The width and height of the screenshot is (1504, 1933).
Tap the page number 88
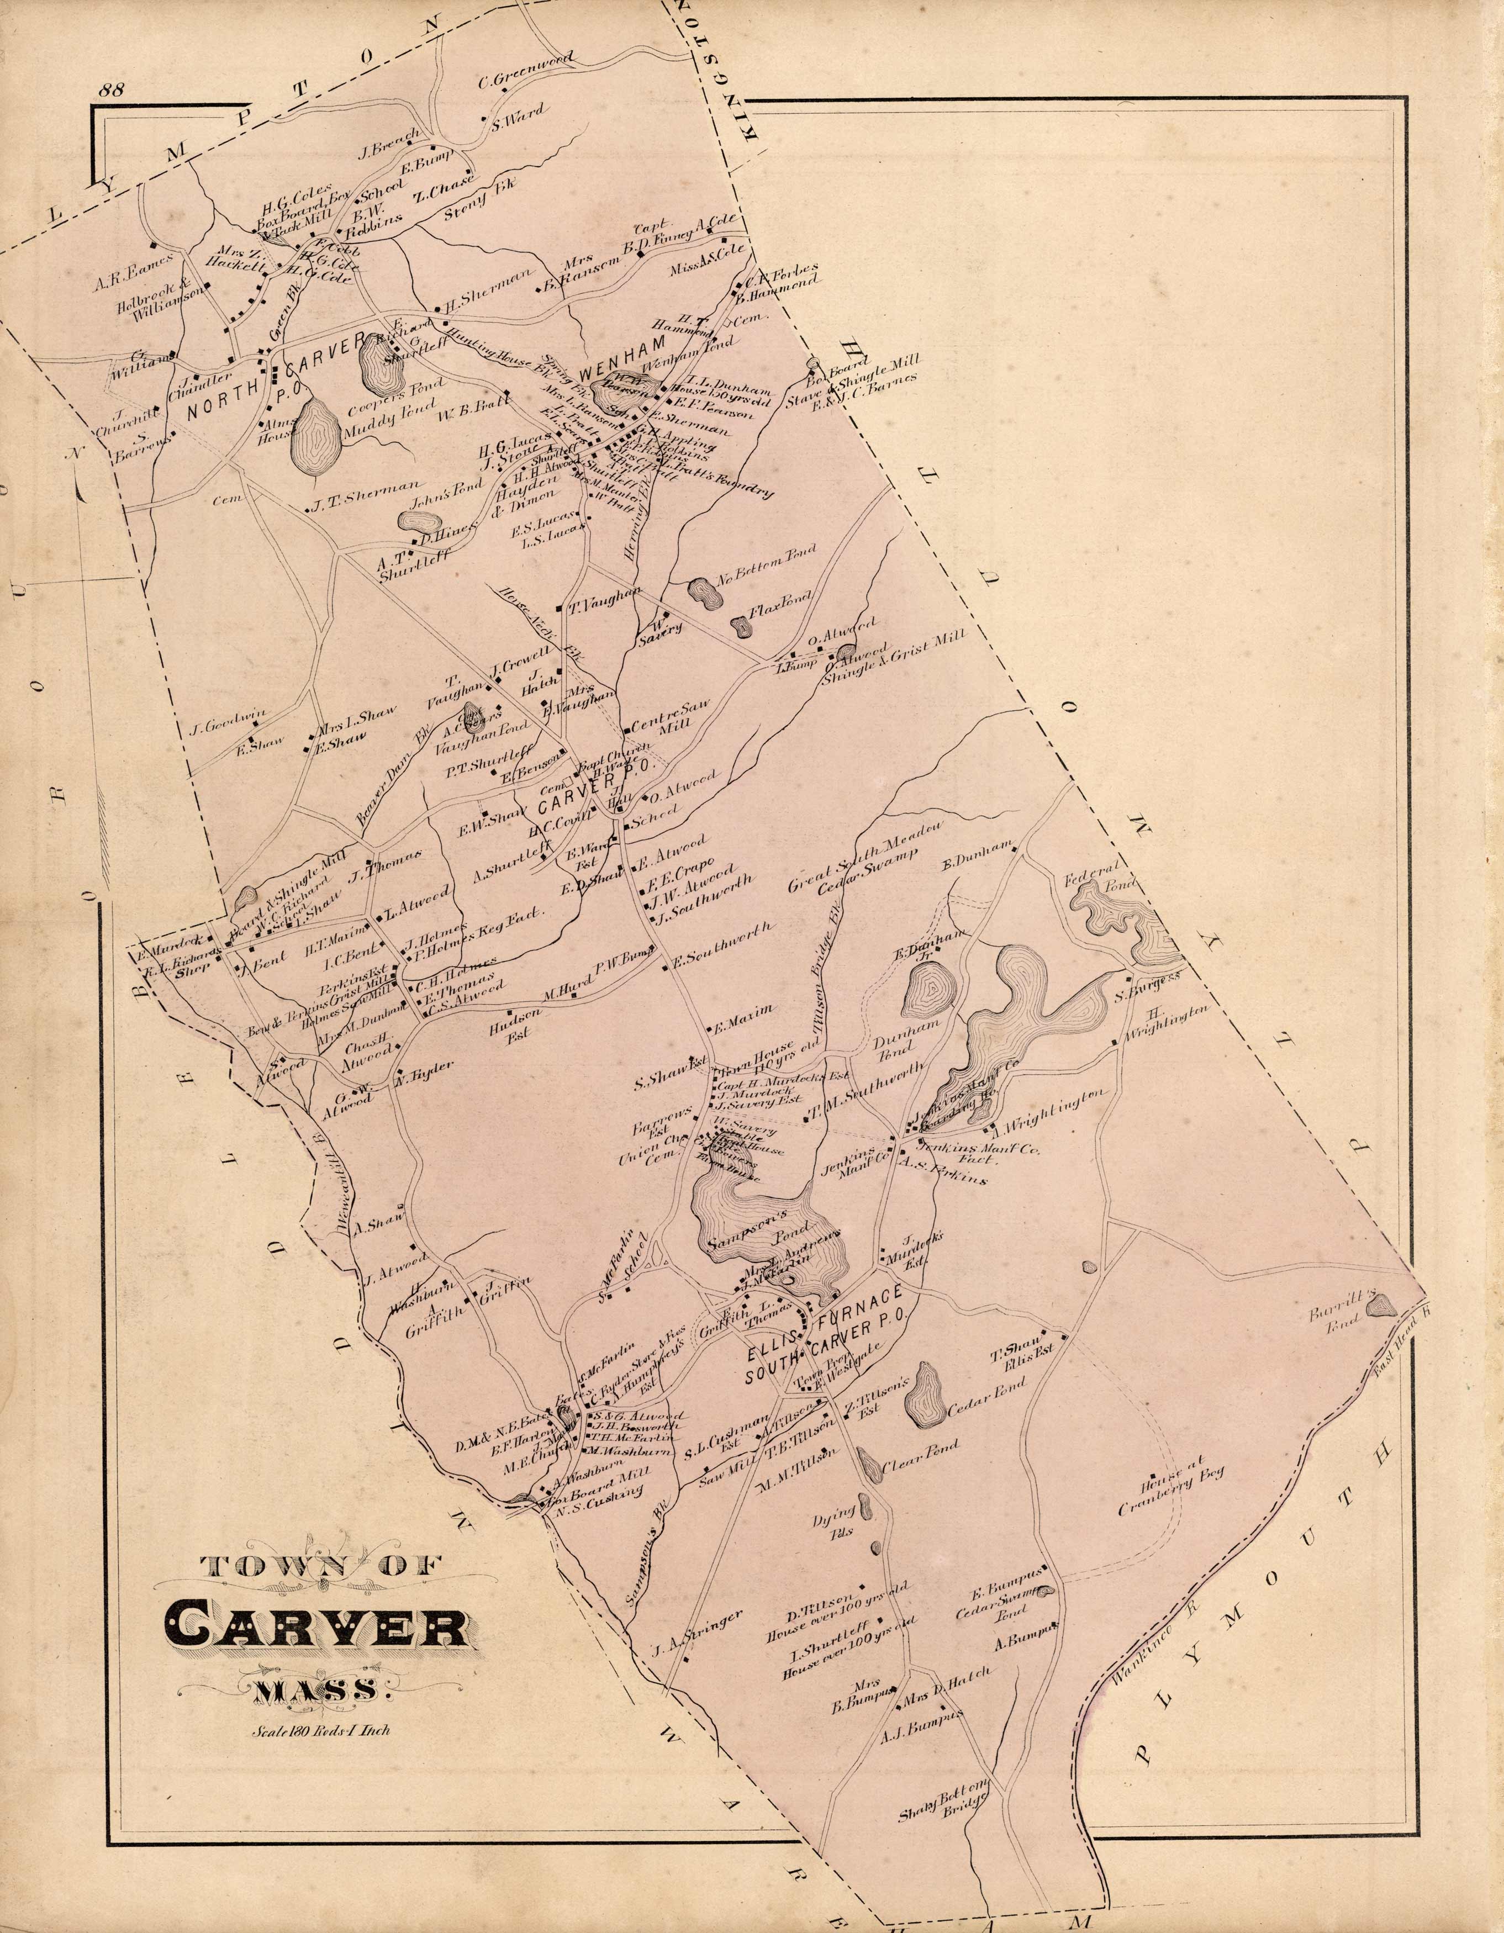[x=113, y=89]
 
